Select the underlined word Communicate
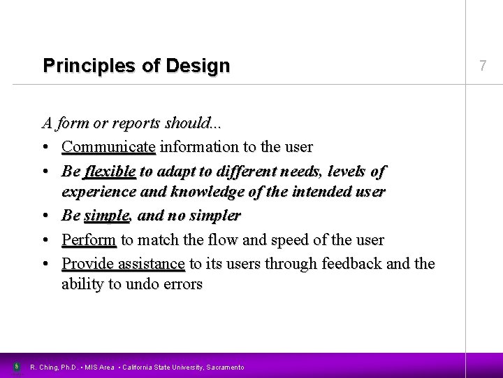(108, 148)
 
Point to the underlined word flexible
(110, 171)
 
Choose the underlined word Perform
(89, 240)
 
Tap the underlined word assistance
(152, 263)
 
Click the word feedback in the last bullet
(352, 263)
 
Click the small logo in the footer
(16, 365)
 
